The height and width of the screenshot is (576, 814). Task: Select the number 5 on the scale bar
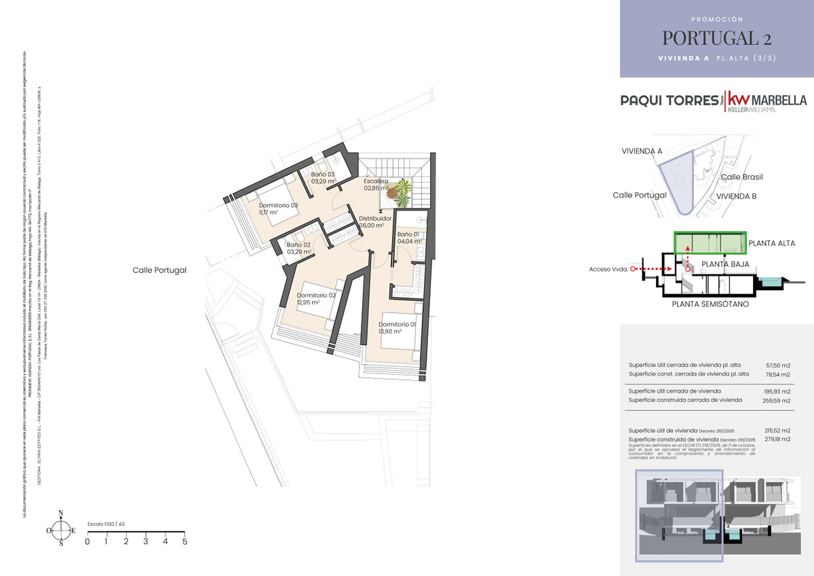(x=185, y=541)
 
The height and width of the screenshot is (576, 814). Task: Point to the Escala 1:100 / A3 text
(x=106, y=524)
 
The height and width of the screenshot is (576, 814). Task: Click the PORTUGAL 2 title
(x=716, y=37)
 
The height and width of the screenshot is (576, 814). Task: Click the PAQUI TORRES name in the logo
(x=670, y=101)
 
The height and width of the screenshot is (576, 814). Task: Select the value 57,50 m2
(x=778, y=365)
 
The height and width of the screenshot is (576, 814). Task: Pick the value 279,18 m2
(x=778, y=439)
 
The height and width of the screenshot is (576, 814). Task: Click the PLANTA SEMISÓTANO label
(x=710, y=304)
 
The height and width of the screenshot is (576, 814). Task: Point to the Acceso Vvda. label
(x=608, y=269)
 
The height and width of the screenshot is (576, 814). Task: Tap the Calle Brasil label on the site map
(x=741, y=177)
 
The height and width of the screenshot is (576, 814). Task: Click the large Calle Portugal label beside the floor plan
(x=159, y=270)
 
